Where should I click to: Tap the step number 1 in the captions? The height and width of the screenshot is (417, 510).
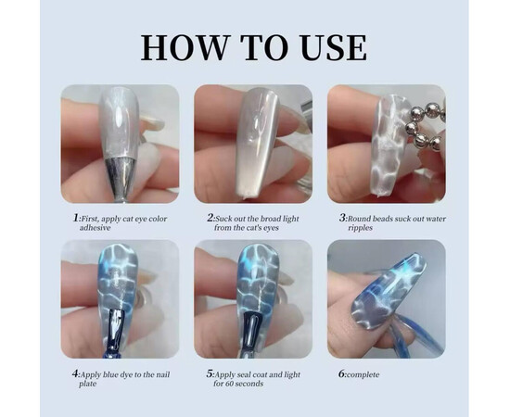76,218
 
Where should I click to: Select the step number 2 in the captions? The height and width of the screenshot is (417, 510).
210,218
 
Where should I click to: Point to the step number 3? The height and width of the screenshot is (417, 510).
343,218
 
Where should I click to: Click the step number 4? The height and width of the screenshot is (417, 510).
76,374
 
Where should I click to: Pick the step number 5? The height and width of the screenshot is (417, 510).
210,374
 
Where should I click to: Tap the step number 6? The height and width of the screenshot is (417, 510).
342,374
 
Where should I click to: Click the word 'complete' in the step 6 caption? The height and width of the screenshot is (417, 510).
363,374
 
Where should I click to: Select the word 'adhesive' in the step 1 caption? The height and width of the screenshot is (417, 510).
96,228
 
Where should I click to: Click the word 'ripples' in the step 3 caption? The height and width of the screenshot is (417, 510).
361,228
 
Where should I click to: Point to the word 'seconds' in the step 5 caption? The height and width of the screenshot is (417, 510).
248,384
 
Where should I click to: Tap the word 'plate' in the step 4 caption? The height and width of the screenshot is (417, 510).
87,384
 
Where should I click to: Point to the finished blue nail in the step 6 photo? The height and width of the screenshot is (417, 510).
389,289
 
